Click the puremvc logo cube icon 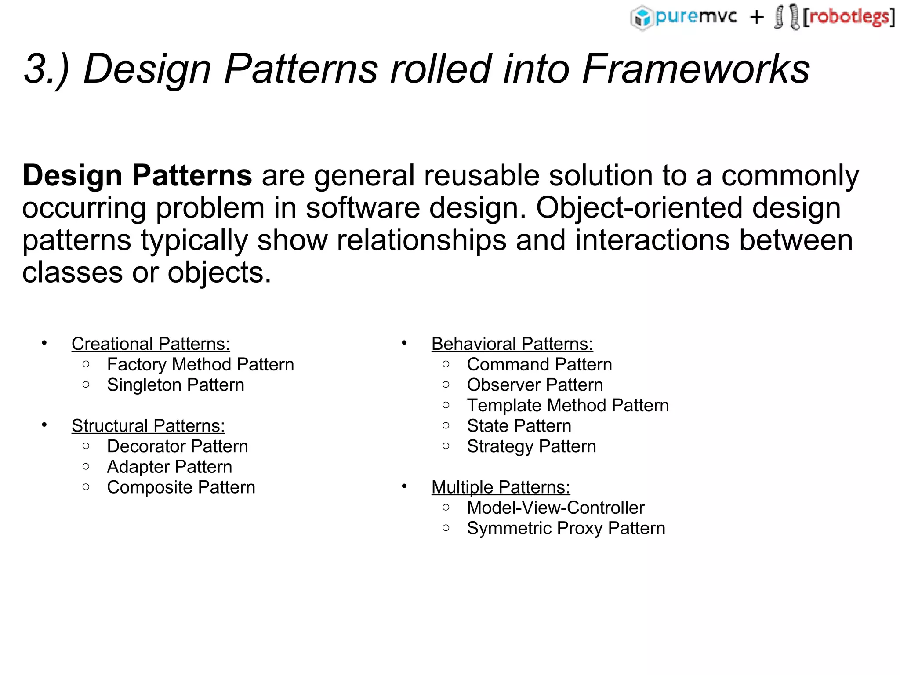642,18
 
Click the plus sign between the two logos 757,18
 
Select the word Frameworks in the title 696,69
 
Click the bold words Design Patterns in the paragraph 137,176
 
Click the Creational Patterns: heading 151,344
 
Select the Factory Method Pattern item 200,365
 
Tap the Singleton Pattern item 175,385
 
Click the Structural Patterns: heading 148,426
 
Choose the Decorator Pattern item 178,446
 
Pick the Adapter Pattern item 169,467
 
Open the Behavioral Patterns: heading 512,344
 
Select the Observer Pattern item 535,385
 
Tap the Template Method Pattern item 568,406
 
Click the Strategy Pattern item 531,446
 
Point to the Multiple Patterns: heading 501,487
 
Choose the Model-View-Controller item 555,508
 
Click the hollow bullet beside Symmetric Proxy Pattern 446,528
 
